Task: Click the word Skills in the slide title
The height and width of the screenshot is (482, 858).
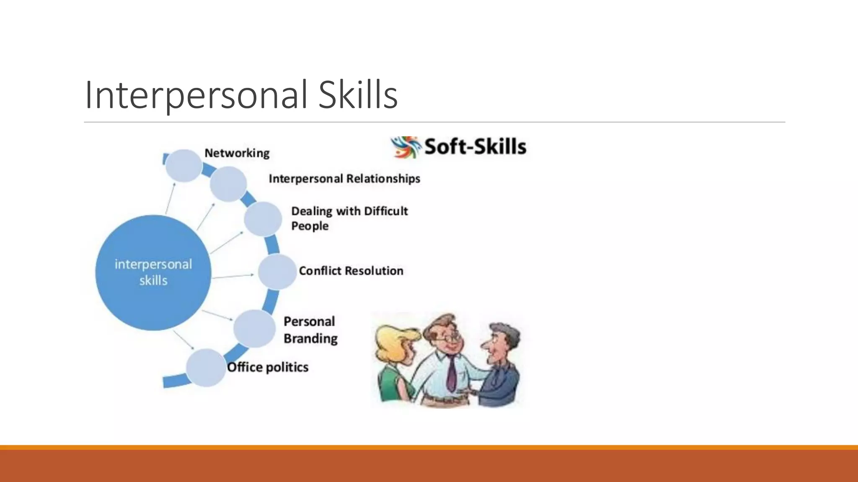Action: pos(358,95)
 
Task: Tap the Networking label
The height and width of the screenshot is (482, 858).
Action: pos(237,153)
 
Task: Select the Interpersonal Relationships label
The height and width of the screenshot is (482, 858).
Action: pos(344,179)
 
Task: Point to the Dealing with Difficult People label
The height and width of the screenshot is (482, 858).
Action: pos(349,218)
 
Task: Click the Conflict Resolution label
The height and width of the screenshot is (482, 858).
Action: pos(351,271)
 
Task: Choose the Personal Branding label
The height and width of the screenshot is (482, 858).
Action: pos(310,330)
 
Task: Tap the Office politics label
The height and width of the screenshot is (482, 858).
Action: pos(268,367)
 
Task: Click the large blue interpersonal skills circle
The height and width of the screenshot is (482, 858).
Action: pos(153,272)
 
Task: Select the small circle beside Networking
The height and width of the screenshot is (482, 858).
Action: pos(183,166)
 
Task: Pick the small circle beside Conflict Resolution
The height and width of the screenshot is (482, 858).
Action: pos(277,272)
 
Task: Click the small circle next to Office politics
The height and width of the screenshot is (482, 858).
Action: pos(205,368)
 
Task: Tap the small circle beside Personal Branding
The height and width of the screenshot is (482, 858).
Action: pos(254,329)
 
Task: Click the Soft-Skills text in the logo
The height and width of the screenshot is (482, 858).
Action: pos(475,147)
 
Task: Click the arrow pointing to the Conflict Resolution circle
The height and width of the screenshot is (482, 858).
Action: pos(233,276)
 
